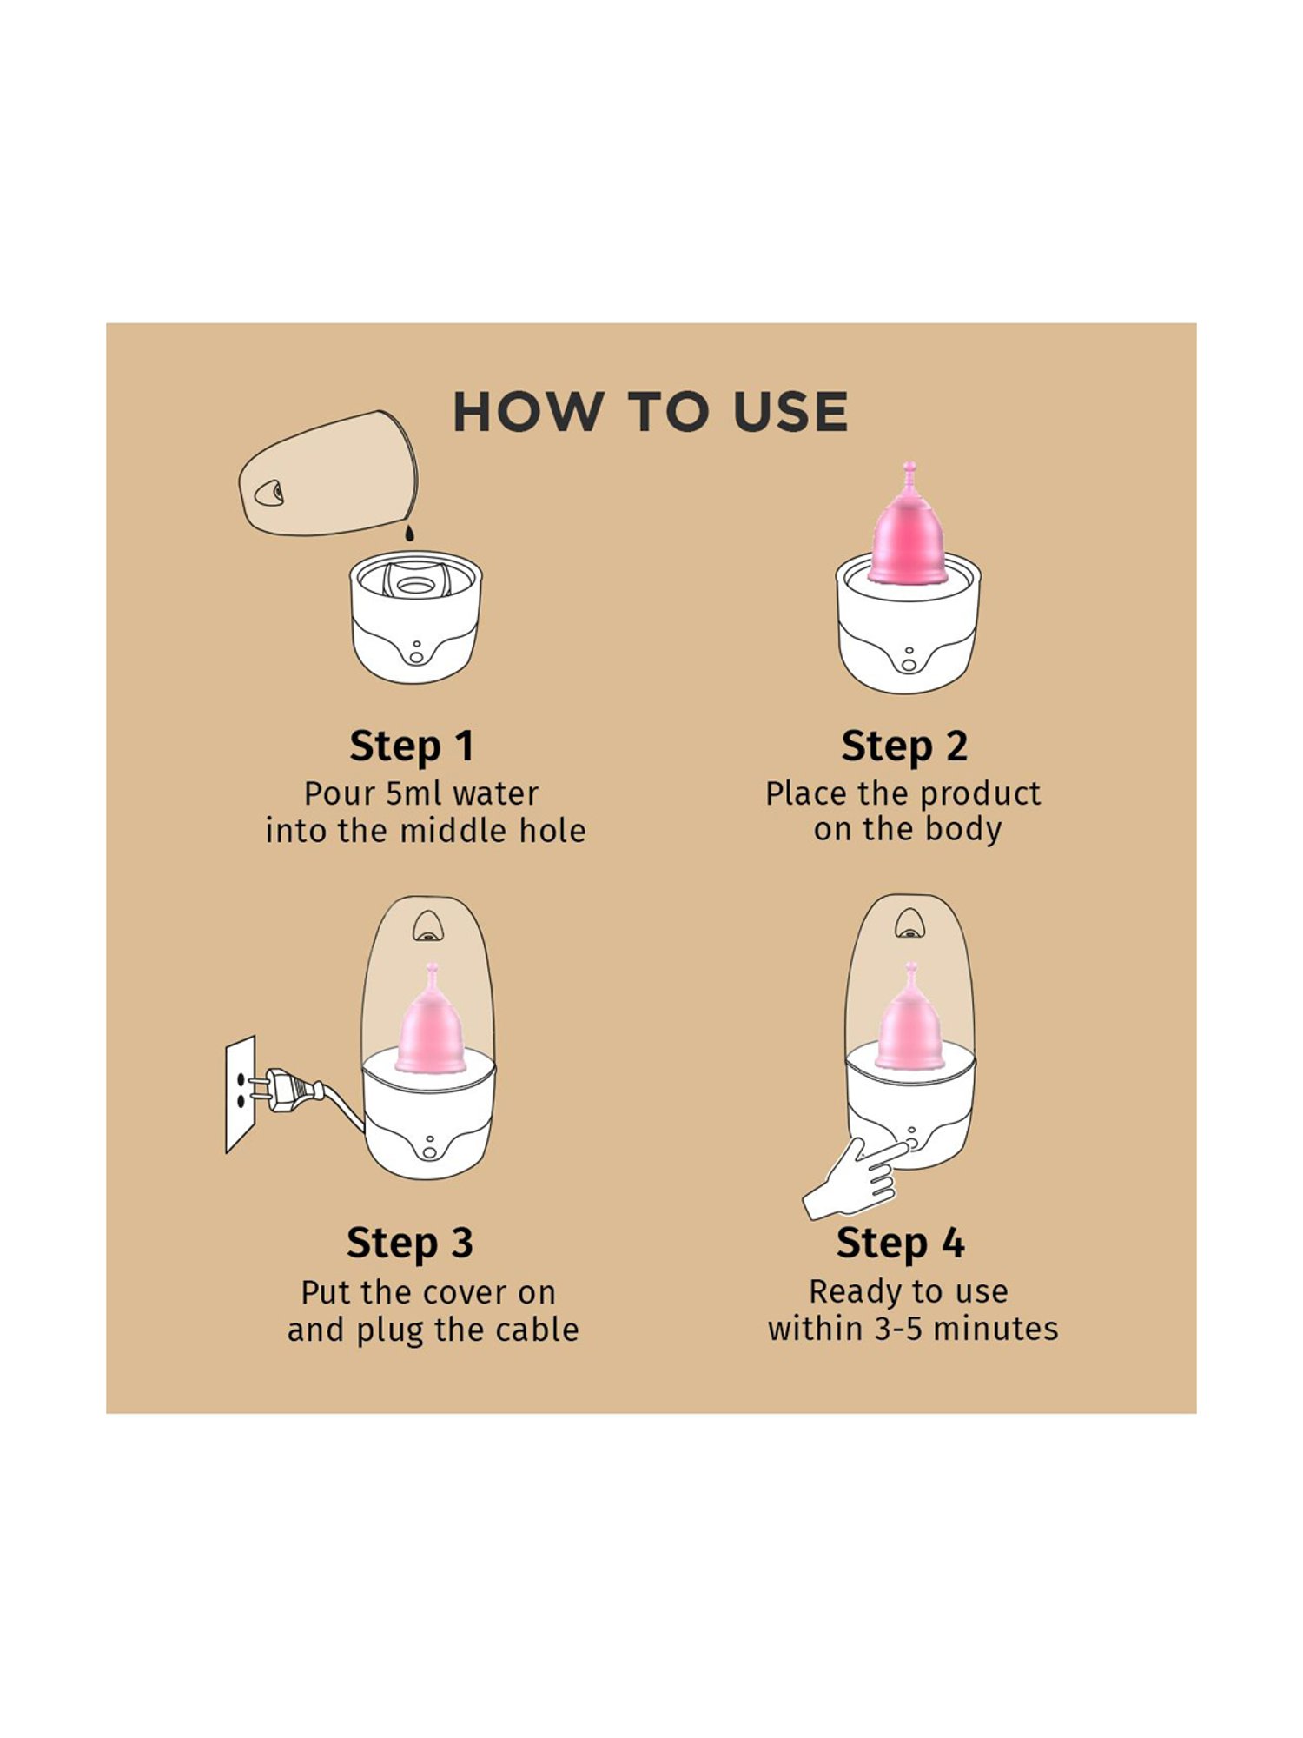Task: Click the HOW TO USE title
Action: (650, 412)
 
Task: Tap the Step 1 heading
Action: (412, 746)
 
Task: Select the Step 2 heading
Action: (904, 746)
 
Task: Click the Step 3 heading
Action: (410, 1243)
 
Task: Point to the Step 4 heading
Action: (901, 1243)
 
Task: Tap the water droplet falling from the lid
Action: (409, 531)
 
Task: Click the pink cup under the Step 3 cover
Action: (430, 1025)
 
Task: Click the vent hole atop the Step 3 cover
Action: (427, 927)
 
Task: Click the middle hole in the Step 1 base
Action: (416, 586)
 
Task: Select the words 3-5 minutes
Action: (966, 1329)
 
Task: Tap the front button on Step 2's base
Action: (909, 665)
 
